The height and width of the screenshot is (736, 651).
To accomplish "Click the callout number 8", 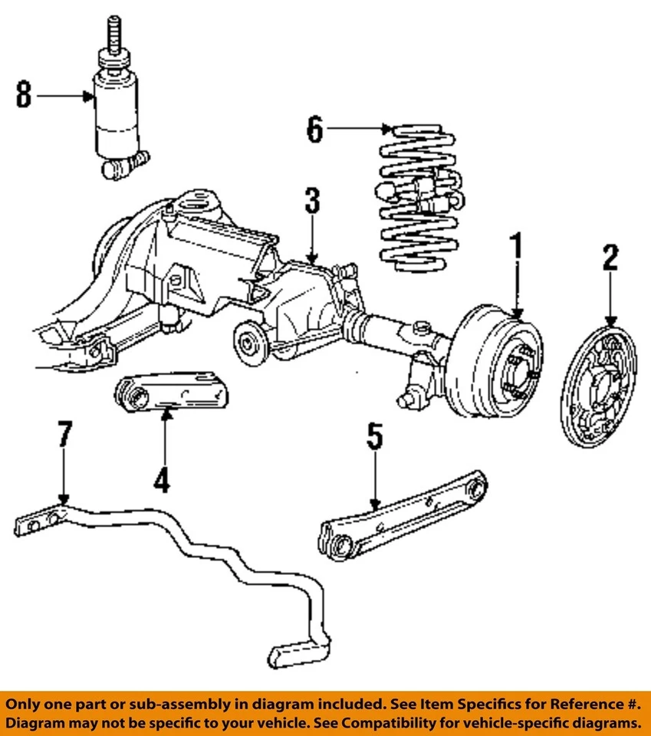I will click(25, 96).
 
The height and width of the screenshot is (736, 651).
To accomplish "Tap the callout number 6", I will click(315, 129).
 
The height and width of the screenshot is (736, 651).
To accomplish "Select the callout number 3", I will click(311, 203).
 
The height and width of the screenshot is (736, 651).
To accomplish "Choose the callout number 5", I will click(374, 439).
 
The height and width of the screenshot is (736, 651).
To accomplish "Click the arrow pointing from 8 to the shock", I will click(65, 96).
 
